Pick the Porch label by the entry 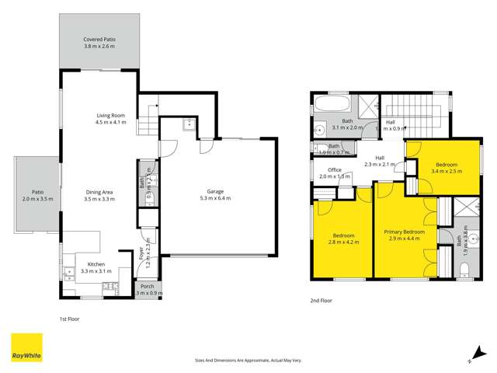pos(147,286)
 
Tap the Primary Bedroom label pos(404,232)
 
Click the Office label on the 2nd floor pos(335,169)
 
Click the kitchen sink pos(68,271)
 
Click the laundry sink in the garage pos(186,124)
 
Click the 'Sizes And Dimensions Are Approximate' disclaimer pos(248,361)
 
